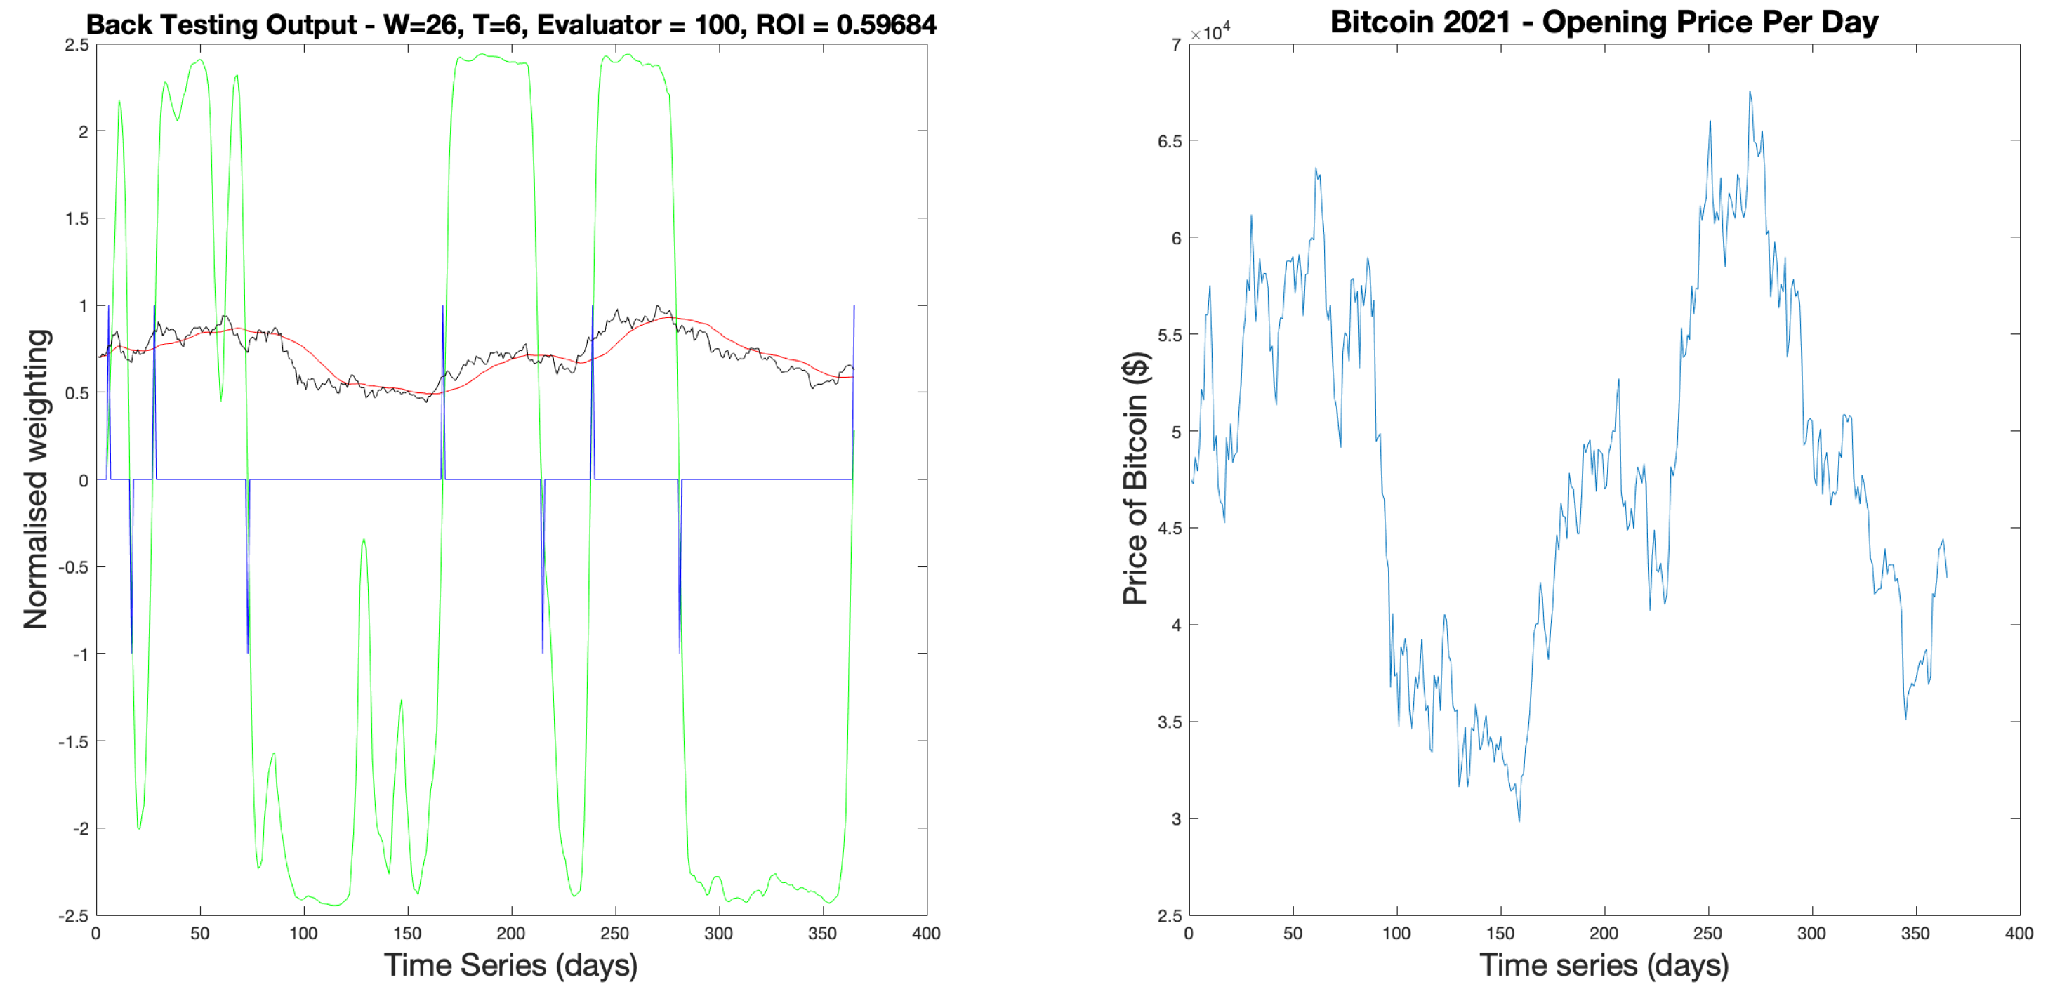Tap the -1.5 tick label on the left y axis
click(73, 742)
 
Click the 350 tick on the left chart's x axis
click(821, 934)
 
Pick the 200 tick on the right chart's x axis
click(1604, 934)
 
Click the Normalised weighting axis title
click(37, 479)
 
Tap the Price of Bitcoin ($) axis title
click(1136, 479)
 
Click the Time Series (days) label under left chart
click(510, 965)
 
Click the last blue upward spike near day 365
click(854, 307)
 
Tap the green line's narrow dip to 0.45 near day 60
click(221, 399)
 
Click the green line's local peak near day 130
click(363, 540)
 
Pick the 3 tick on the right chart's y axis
click(1176, 819)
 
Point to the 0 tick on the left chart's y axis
click(83, 480)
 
